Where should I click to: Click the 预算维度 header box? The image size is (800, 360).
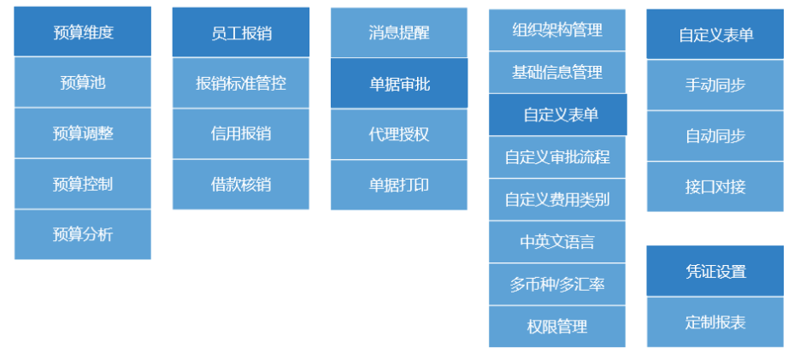(x=82, y=32)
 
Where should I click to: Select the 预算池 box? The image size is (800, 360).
(x=82, y=82)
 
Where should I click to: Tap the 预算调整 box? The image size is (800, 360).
(x=82, y=133)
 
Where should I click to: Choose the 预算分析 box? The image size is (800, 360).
(x=82, y=233)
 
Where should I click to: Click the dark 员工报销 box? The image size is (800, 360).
(x=241, y=33)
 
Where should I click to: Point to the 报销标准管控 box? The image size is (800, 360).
(x=241, y=83)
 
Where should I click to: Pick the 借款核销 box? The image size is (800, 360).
(x=241, y=183)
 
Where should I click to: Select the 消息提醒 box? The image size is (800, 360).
(x=399, y=32)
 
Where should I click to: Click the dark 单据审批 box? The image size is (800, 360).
(x=399, y=83)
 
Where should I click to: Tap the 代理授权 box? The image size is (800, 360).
(x=399, y=133)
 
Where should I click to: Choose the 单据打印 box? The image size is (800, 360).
(x=399, y=184)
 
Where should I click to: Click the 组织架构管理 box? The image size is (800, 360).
(x=557, y=30)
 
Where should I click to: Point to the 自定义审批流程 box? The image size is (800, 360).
(x=557, y=157)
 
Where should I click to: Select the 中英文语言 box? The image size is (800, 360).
(x=557, y=241)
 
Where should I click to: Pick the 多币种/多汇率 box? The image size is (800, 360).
(x=557, y=284)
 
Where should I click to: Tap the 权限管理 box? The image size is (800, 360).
(x=557, y=326)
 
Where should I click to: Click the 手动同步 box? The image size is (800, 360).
(x=715, y=85)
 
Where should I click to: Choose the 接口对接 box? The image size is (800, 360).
(x=715, y=186)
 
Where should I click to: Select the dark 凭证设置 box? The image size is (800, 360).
(x=715, y=271)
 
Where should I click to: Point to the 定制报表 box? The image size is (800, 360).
(x=715, y=322)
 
